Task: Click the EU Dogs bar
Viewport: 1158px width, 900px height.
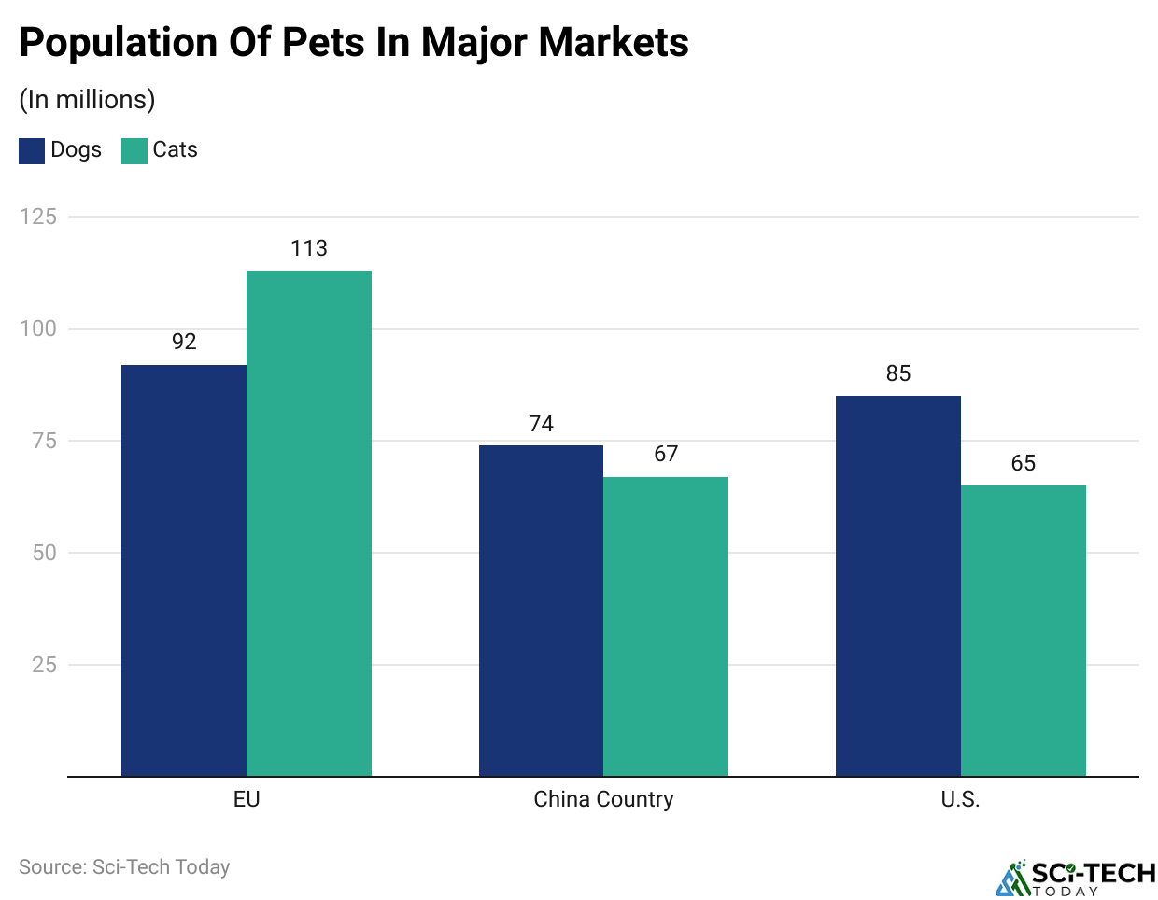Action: [184, 570]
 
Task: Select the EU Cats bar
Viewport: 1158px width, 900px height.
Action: [309, 523]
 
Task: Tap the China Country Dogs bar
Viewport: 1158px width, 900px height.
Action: [541, 611]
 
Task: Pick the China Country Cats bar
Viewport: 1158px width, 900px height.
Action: [666, 626]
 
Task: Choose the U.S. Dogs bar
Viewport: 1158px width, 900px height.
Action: [898, 585]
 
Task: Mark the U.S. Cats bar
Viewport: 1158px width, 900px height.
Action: [1024, 630]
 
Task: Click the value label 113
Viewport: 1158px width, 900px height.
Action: [309, 248]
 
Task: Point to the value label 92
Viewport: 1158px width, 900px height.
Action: [184, 342]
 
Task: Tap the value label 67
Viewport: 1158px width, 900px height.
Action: [666, 454]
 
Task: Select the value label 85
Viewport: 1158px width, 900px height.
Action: [898, 373]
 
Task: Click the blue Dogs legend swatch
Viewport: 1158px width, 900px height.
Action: [32, 151]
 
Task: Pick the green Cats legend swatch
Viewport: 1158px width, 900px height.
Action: [134, 151]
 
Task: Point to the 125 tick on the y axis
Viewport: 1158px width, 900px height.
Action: [38, 217]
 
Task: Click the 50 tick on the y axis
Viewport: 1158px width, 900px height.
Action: [45, 553]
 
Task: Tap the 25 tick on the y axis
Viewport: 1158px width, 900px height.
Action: [45, 665]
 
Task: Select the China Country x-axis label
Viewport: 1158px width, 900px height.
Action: [603, 799]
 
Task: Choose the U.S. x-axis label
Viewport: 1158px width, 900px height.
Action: [960, 799]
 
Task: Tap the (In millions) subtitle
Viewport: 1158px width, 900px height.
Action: [87, 100]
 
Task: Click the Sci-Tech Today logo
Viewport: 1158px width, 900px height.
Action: [1076, 878]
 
